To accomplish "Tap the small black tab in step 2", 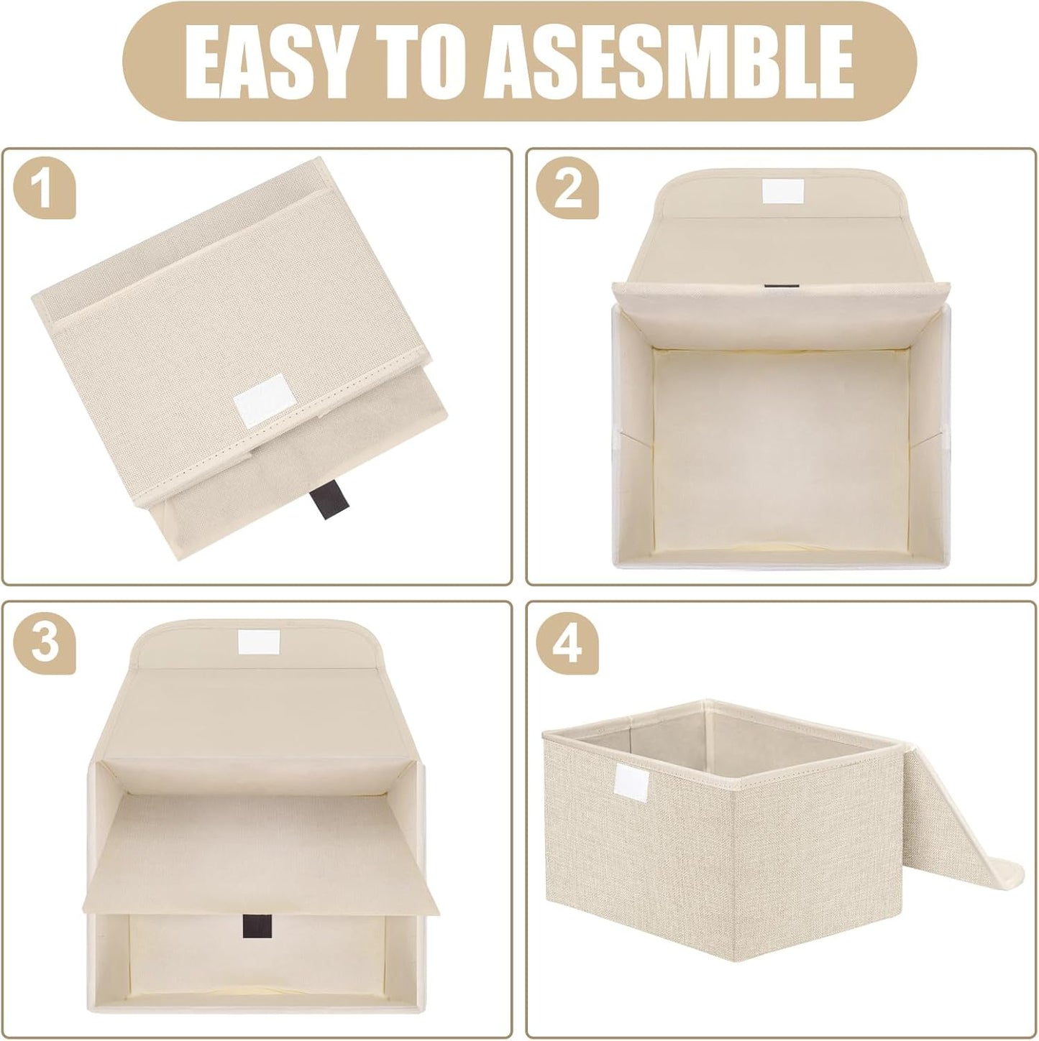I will click(774, 288).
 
